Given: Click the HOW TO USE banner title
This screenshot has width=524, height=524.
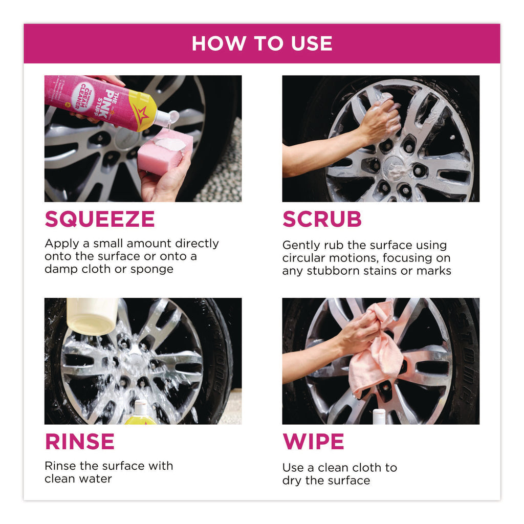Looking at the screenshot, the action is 262,43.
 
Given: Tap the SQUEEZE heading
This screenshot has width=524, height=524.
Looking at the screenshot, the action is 100,219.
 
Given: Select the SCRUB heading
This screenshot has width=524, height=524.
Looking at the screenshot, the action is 322,219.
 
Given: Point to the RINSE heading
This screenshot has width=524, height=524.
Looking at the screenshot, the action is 79,442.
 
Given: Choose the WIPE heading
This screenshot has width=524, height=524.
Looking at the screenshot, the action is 313,442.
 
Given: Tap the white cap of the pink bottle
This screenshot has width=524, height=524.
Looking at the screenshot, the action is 166,118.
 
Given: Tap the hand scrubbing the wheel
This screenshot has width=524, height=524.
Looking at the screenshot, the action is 380,120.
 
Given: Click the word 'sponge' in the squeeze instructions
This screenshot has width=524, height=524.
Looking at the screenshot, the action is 151,269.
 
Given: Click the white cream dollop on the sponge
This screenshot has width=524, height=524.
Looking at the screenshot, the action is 170,144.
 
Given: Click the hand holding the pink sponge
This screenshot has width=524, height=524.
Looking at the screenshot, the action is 164,181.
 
